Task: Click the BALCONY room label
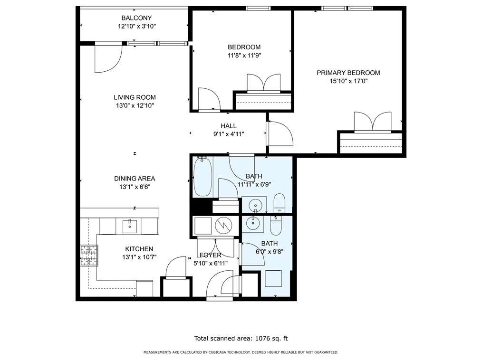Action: coord(136,18)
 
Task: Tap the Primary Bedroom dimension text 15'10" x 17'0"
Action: coord(348,81)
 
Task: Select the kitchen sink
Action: coord(130,226)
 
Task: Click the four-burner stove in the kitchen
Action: coord(89,255)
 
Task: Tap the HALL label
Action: coord(228,126)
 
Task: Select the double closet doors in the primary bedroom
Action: coord(373,122)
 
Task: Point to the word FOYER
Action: coord(210,255)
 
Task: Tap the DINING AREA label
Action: coord(135,179)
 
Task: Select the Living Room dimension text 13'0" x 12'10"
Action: coord(135,105)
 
